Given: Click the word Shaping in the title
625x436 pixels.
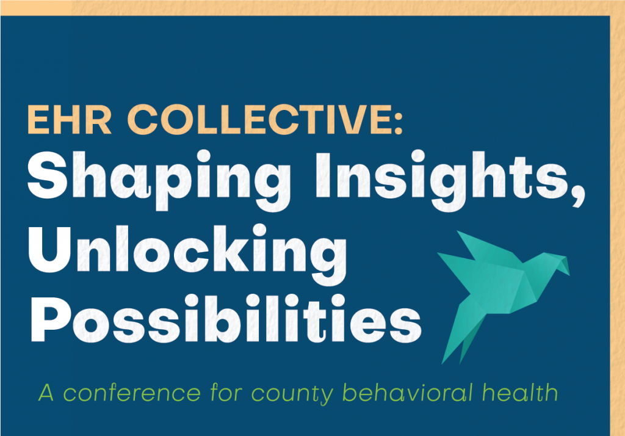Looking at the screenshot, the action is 159,180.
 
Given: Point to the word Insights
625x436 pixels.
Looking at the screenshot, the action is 442,180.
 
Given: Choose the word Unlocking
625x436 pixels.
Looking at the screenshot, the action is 187,255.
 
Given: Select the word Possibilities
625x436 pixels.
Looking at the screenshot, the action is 226,319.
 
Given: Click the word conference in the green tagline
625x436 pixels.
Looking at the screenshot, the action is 132,393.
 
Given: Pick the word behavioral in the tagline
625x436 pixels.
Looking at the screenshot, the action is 407,393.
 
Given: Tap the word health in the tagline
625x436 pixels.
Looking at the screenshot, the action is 520,393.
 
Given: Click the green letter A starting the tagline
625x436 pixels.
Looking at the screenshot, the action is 46,393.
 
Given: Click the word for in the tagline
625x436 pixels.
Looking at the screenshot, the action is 226,393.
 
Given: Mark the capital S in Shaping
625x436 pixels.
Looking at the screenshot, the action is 48,175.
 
